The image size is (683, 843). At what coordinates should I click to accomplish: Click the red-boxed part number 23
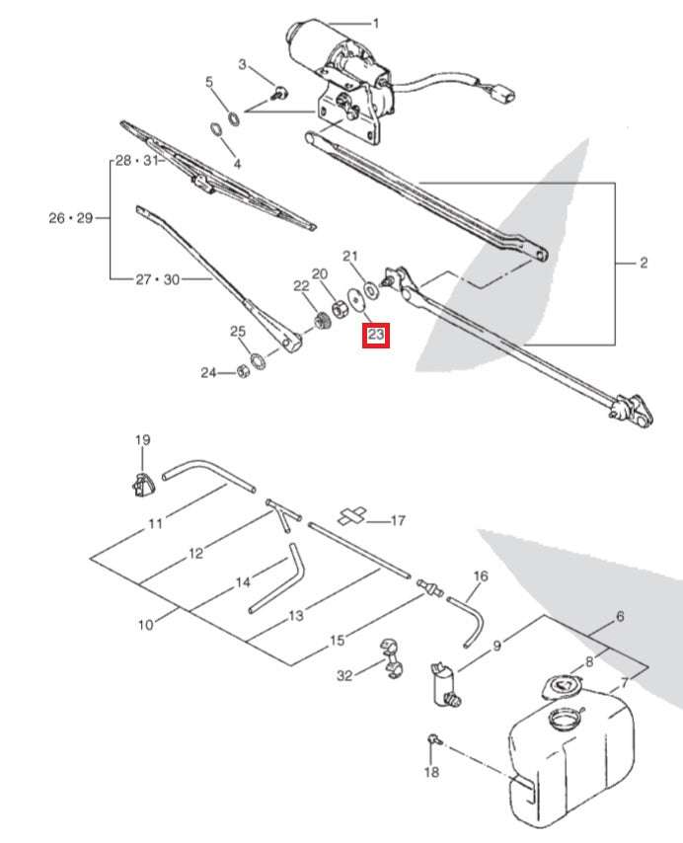click(376, 336)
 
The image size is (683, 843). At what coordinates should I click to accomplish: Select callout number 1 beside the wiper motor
click(375, 23)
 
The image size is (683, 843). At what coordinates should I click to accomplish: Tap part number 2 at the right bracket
click(643, 263)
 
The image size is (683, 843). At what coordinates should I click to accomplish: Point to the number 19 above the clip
click(141, 440)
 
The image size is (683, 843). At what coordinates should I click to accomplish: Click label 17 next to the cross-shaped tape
click(398, 519)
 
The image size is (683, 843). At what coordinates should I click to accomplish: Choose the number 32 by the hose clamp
click(343, 676)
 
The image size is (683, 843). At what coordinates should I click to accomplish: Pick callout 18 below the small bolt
click(430, 772)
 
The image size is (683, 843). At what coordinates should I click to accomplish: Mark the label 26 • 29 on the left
click(70, 217)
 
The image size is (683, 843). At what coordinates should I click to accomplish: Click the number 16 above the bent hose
click(481, 575)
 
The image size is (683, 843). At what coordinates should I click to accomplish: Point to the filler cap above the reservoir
click(561, 686)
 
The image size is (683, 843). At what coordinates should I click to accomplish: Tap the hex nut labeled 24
click(242, 372)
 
